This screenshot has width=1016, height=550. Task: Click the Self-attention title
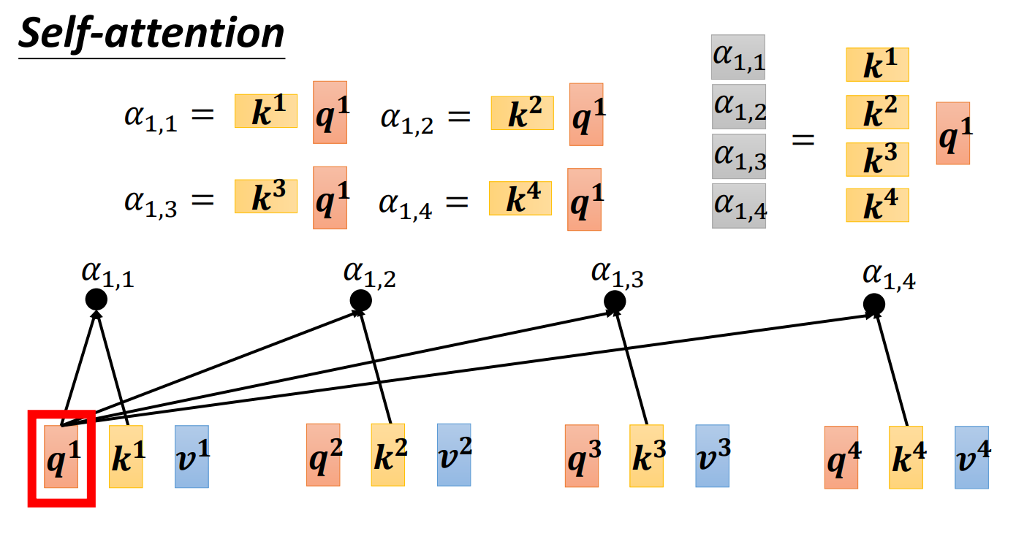151,34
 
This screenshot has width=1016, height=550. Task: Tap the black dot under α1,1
96,299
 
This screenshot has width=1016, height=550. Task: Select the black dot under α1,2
360,299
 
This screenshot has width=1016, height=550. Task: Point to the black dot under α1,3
615,300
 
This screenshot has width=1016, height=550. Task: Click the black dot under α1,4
873,303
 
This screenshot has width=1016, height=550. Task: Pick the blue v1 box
192,457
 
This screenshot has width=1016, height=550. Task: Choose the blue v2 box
454,454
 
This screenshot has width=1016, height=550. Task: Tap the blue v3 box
713,456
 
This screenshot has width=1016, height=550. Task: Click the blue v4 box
971,457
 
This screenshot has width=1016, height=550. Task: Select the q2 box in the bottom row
323,454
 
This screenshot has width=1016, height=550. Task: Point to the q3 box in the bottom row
582,456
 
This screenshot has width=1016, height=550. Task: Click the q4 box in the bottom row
841,457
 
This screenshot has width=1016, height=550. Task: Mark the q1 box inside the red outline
61,457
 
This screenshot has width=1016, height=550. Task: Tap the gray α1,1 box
738,57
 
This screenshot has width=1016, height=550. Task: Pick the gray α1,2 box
738,107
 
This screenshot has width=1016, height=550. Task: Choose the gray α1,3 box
738,156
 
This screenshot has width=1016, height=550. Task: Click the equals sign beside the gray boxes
803,139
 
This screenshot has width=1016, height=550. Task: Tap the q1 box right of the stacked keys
953,133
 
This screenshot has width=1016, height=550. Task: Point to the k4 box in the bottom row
906,457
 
